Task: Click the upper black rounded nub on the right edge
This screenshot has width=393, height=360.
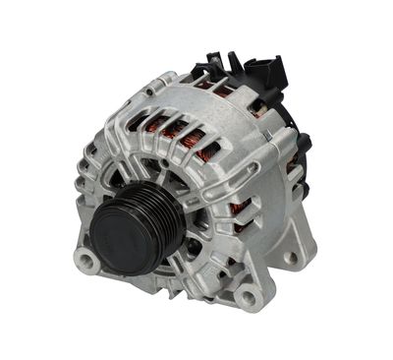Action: [x=304, y=144]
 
